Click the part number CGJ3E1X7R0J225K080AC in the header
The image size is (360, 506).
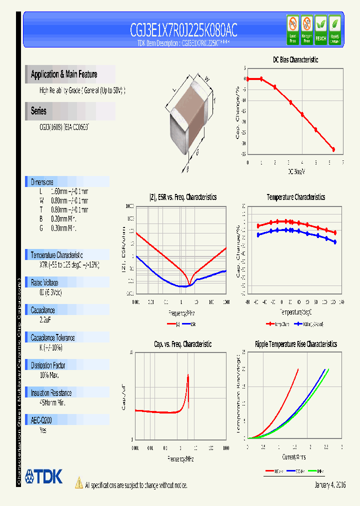[183, 31]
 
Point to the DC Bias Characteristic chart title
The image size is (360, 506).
[295, 59]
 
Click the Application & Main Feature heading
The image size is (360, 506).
[64, 74]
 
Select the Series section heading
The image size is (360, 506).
[38, 111]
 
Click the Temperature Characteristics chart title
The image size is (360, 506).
[295, 197]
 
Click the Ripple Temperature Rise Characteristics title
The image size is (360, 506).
[295, 344]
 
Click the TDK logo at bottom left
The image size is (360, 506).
[44, 476]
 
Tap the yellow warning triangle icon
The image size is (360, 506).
[78, 482]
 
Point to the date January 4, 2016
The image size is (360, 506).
[330, 485]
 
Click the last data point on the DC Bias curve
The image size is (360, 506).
[333, 149]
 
